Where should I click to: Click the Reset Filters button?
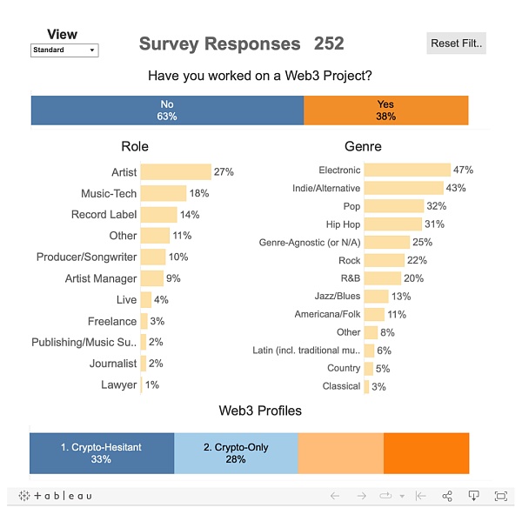456,43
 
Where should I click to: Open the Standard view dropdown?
64,50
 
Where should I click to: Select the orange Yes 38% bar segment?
385,110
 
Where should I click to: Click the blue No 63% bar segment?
167,110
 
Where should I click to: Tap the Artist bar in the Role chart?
176,172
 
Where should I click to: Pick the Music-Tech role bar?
163,193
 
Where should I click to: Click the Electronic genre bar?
407,170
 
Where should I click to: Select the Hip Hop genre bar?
392,224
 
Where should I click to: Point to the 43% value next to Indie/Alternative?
456,188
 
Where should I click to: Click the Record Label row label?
104,215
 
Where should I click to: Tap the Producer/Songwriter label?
86,257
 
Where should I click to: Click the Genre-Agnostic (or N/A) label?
310,242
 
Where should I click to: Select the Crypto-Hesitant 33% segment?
102,453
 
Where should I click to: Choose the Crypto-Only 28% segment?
236,453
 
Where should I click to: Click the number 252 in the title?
329,43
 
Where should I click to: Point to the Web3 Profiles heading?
260,411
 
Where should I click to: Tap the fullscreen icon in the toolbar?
500,496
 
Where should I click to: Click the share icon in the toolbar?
447,496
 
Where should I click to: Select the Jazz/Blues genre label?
338,297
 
